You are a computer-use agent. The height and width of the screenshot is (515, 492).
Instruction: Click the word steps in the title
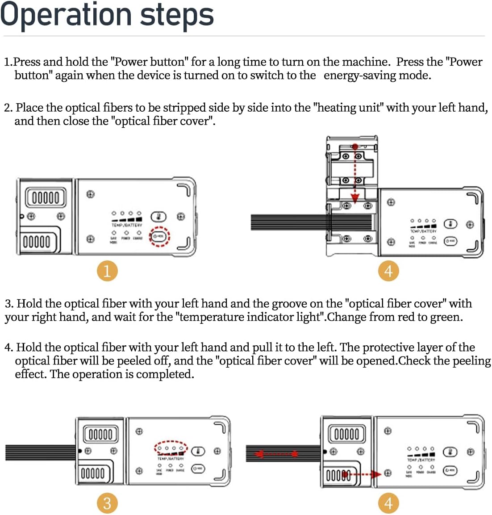click(177, 15)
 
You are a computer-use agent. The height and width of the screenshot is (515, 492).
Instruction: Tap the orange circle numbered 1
click(107, 271)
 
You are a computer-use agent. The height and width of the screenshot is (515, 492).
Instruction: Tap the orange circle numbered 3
click(107, 503)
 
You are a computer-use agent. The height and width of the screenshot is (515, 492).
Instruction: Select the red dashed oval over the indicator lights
click(171, 448)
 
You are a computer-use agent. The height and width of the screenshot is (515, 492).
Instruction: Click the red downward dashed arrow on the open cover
click(354, 174)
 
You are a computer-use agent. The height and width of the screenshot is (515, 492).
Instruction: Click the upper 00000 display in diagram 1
click(46, 197)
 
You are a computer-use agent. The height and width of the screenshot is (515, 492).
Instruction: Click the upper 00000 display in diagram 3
click(101, 434)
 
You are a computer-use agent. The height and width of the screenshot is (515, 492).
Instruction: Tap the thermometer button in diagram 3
click(198, 451)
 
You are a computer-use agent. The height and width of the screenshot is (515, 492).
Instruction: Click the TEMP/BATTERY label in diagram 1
click(127, 225)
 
